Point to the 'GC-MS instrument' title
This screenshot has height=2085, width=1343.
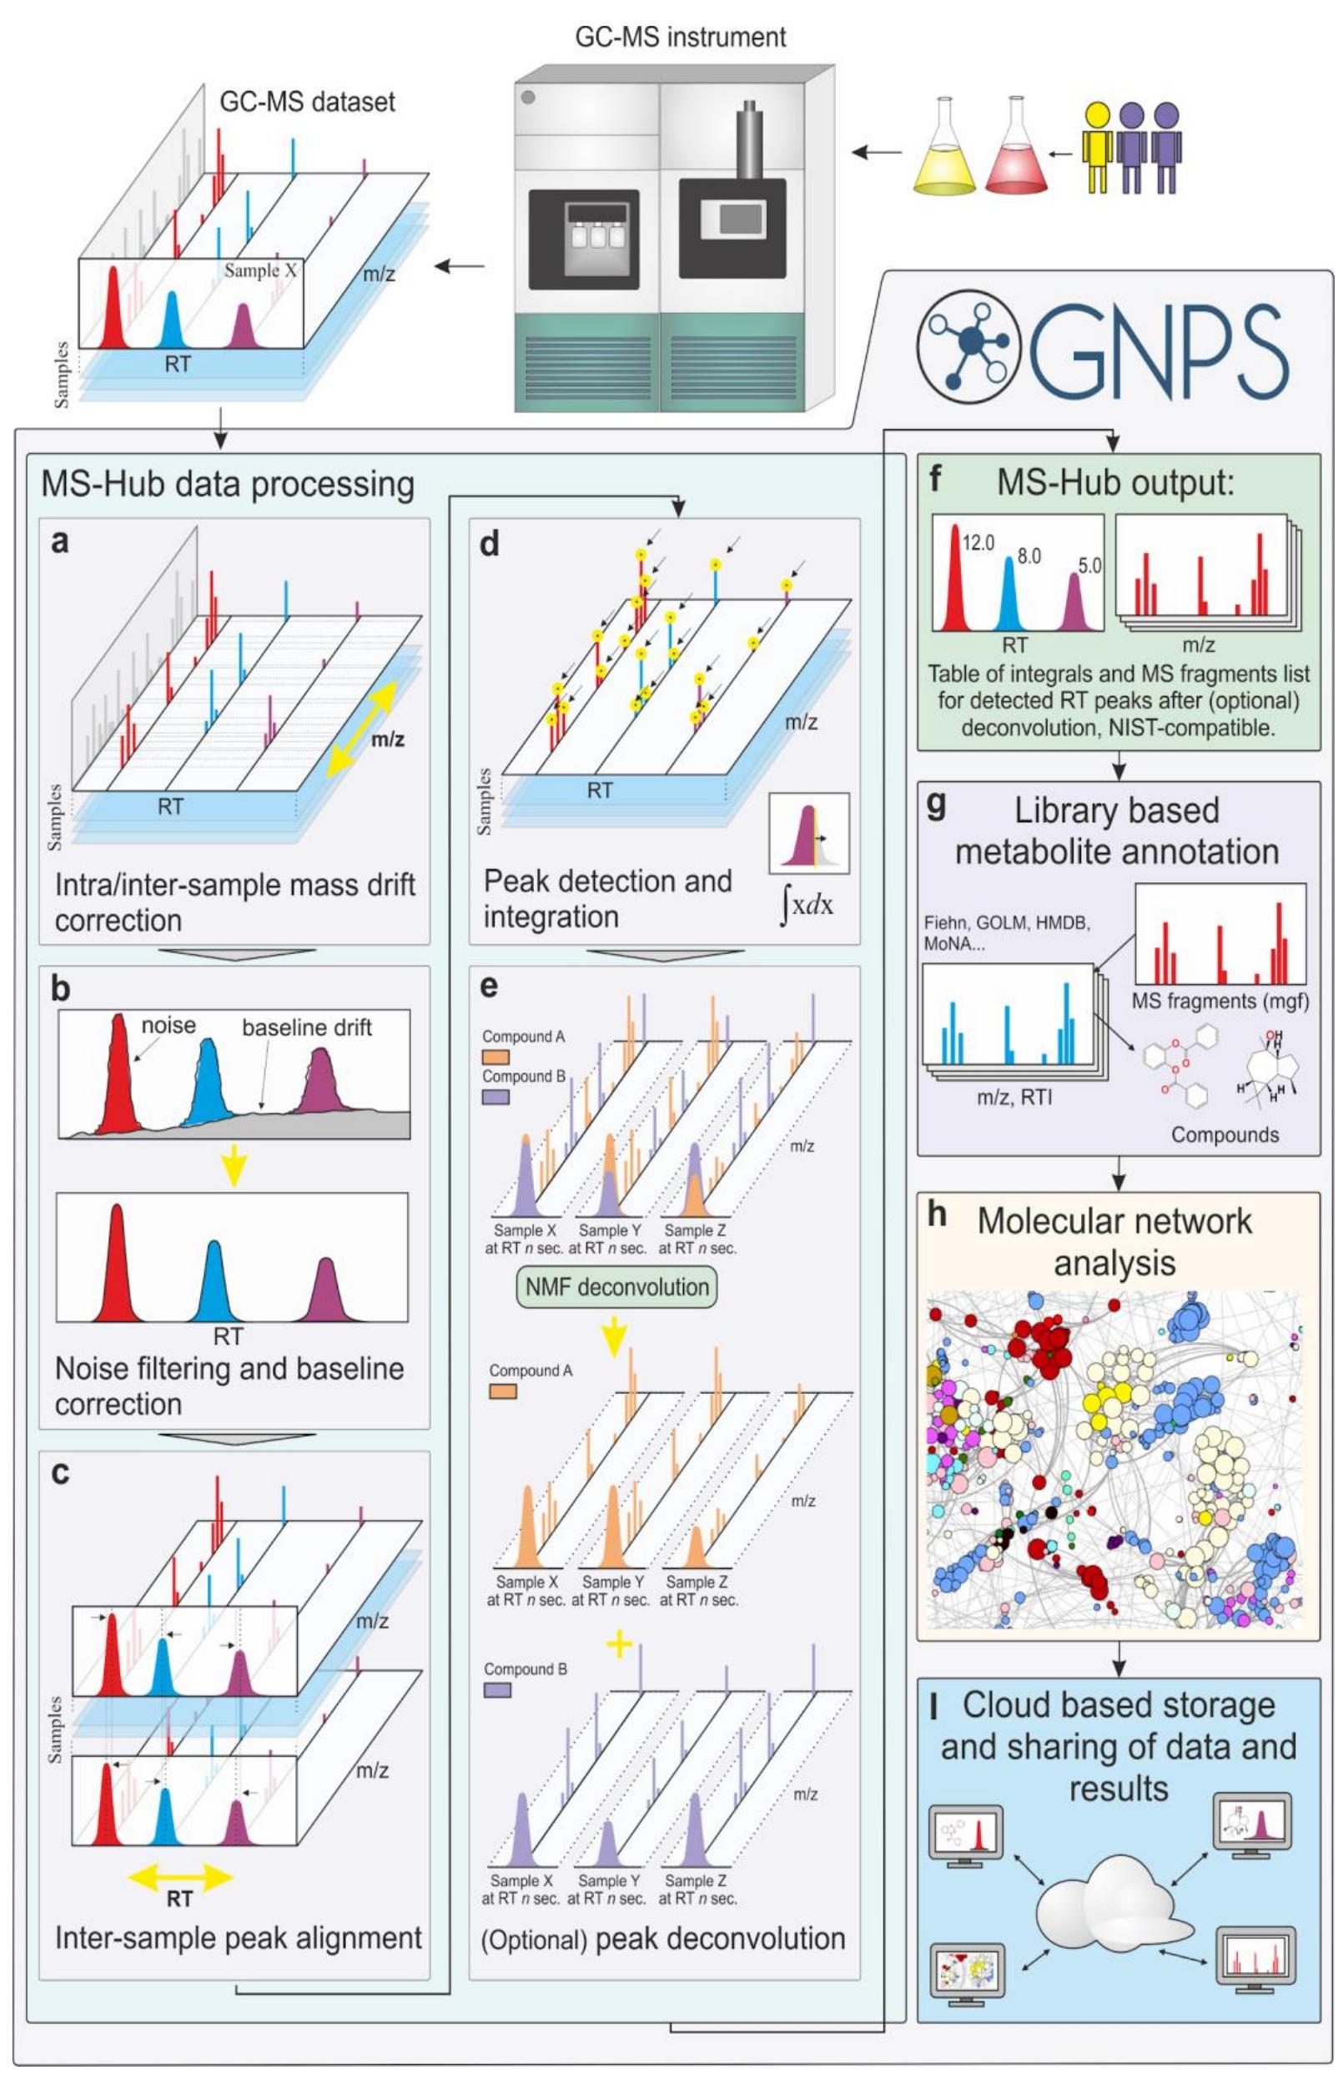tap(680, 38)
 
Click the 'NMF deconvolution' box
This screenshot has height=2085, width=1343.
tap(617, 1288)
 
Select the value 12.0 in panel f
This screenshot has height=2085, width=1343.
tap(978, 543)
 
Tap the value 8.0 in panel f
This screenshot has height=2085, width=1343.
tap(1029, 556)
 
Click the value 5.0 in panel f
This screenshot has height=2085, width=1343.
tap(1089, 565)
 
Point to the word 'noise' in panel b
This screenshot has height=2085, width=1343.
tap(169, 1025)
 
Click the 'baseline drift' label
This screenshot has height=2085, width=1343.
tap(307, 1027)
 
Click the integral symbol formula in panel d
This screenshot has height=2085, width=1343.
tap(807, 906)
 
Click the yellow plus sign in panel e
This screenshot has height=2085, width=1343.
tap(618, 1644)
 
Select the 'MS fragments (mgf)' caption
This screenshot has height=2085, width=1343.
tap(1220, 1002)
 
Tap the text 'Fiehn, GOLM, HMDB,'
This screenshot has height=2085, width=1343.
tap(1008, 922)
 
